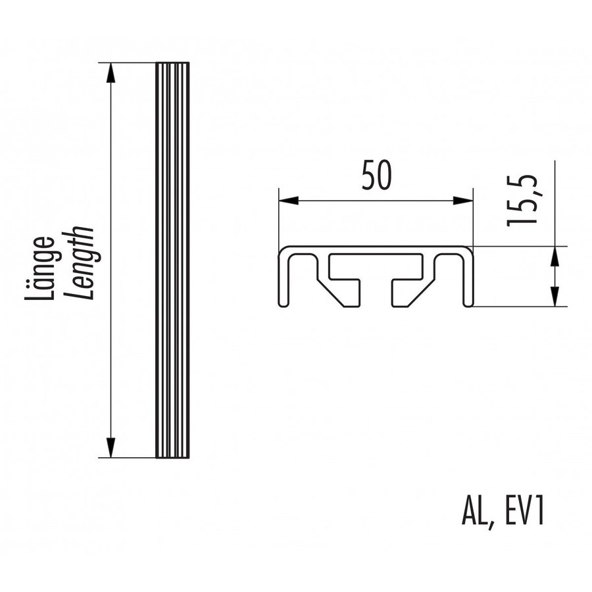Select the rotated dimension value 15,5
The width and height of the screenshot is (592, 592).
pos(523,201)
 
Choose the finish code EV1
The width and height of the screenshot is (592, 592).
pos(523,512)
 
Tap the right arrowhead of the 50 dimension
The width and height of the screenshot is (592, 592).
pos(464,201)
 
